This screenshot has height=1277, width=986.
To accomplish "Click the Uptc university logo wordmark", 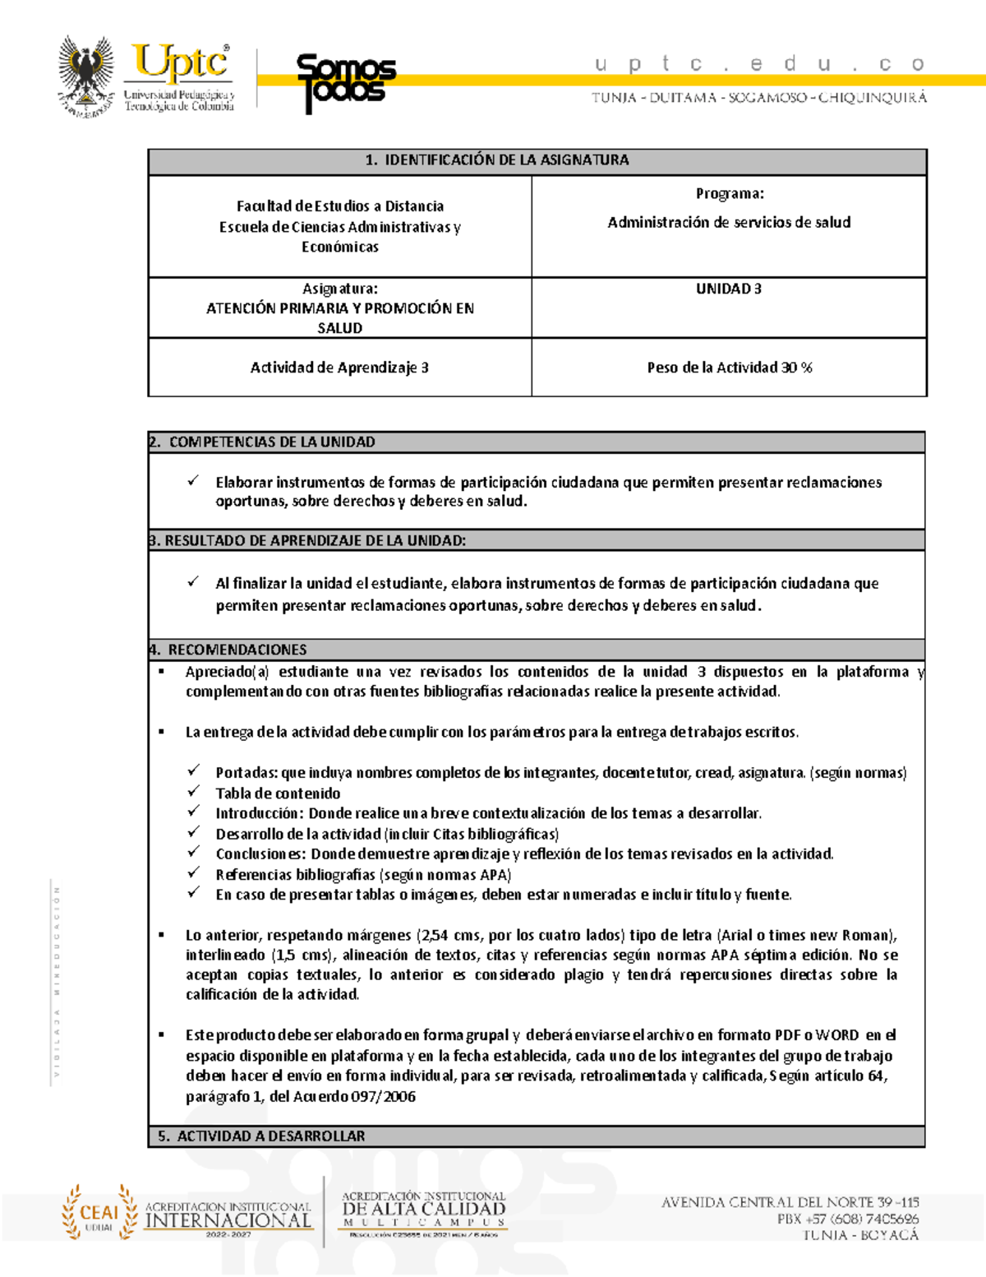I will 180,64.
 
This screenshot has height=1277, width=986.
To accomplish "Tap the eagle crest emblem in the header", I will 86,76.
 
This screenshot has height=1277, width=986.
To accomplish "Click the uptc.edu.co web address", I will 758,63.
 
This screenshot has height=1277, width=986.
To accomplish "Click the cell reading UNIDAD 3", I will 728,289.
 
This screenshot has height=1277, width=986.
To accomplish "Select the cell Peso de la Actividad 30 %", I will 729,368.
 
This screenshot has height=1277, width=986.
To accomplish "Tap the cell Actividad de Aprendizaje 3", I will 339,368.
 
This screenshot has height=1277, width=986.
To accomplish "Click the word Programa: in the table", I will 729,194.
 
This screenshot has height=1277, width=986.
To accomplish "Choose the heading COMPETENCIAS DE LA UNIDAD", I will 271,442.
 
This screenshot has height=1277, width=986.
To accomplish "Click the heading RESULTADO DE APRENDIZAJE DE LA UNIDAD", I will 315,541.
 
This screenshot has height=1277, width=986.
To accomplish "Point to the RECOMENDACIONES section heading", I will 237,650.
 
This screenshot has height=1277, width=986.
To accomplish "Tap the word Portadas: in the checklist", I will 246,773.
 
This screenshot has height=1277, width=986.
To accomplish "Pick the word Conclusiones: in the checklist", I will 260,854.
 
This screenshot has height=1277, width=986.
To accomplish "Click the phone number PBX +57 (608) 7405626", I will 847,1219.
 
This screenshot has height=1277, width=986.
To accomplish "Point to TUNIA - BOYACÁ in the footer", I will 860,1235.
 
